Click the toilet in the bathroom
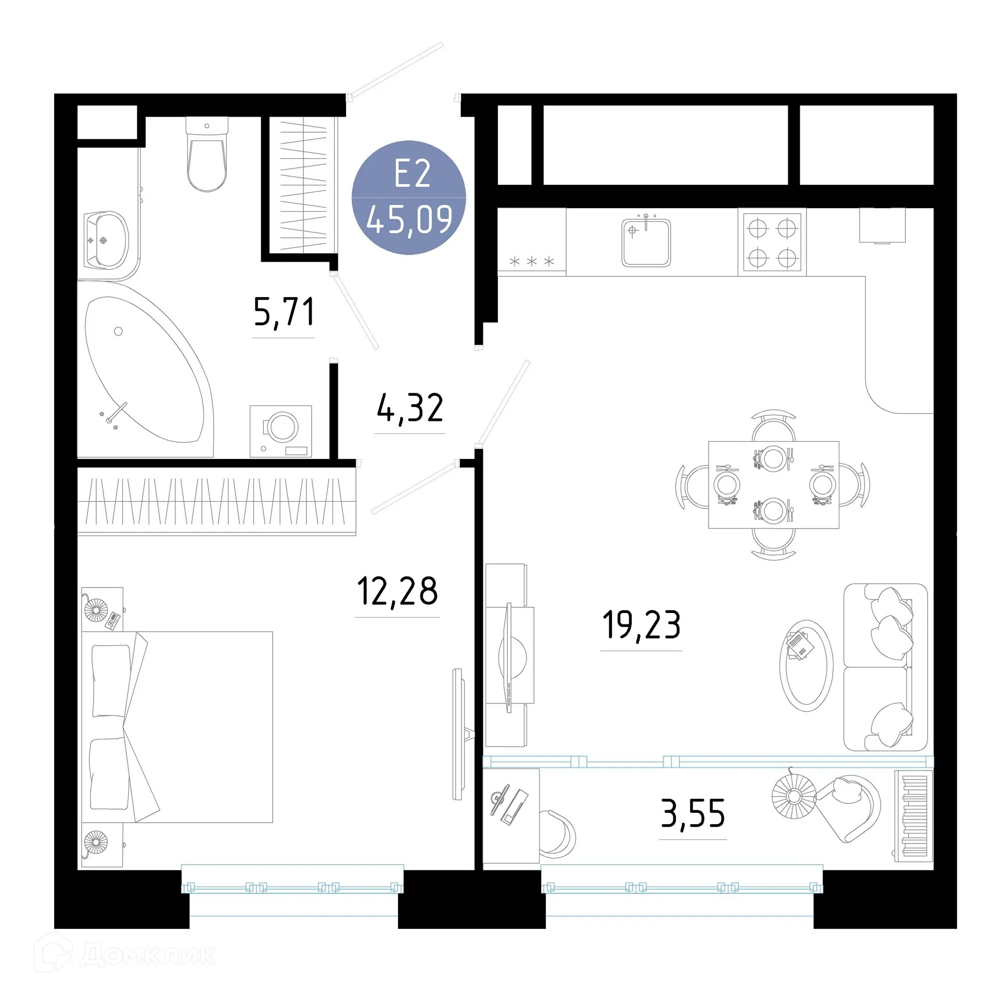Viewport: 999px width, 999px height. [207, 156]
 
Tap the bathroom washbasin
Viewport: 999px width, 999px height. [107, 240]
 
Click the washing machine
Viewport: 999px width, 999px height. [281, 430]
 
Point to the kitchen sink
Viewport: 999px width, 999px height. [646, 242]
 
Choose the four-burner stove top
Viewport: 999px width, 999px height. [772, 242]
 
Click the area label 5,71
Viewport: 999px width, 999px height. [284, 312]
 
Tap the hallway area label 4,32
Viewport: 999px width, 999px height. [410, 408]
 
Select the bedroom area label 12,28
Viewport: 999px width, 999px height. [398, 592]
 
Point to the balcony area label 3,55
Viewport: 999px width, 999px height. [693, 814]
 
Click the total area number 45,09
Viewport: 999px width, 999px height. [409, 221]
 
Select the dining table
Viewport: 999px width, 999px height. [773, 484]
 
